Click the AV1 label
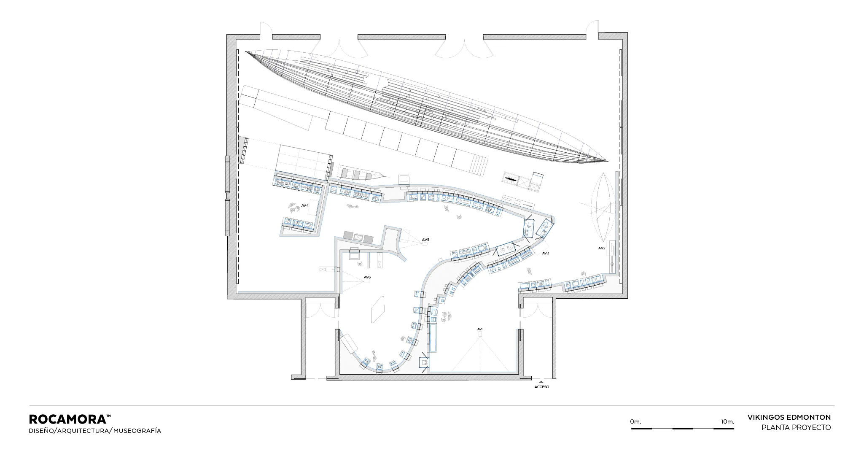click(x=480, y=329)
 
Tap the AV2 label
click(x=602, y=248)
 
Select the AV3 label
click(x=546, y=253)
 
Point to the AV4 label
click(x=305, y=205)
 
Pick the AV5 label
click(x=425, y=240)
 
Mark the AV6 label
click(x=367, y=277)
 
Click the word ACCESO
click(x=542, y=387)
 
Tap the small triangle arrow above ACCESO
click(x=542, y=382)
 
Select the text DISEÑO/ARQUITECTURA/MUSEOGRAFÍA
click(x=95, y=431)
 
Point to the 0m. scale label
click(x=635, y=421)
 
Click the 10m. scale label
click(x=727, y=421)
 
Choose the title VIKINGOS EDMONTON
click(x=789, y=417)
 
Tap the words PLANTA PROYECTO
click(x=796, y=427)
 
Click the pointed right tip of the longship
click(x=608, y=161)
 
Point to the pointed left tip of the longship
click(x=246, y=51)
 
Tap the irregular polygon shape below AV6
click(x=378, y=309)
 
